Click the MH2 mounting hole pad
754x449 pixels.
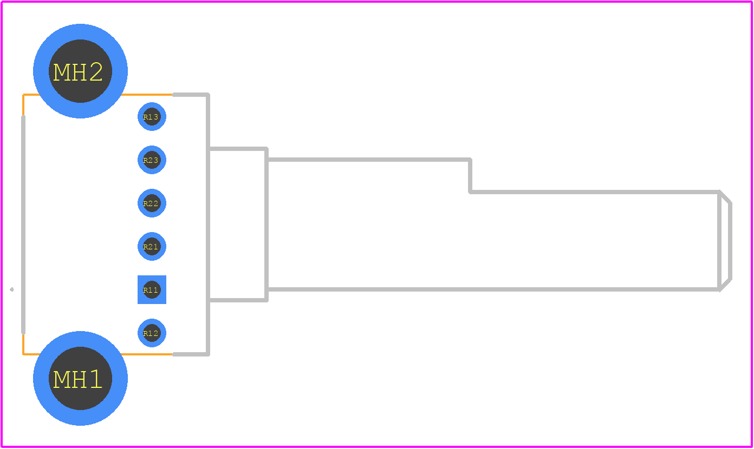point(81,71)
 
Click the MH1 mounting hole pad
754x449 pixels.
point(81,379)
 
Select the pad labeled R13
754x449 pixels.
point(152,117)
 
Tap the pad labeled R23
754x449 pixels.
point(152,160)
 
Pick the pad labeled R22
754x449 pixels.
point(152,203)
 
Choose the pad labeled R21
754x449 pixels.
point(152,246)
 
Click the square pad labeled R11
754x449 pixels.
point(152,290)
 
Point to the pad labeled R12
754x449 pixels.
point(152,333)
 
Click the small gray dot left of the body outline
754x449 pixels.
point(12,289)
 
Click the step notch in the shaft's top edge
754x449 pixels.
point(470,176)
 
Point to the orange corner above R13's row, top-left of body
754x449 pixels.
point(23,95)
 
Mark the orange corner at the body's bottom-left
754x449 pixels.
point(23,354)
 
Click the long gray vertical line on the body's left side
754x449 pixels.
point(23,225)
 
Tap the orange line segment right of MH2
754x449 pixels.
point(147,95)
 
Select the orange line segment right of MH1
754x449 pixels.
point(147,354)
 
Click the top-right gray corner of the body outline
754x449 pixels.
point(208,95)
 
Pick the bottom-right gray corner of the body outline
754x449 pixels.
point(208,354)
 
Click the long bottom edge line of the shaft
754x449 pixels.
point(493,289)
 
